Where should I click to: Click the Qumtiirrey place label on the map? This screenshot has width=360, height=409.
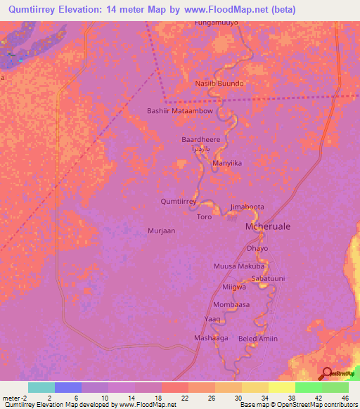178,201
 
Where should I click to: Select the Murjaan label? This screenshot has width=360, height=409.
161,231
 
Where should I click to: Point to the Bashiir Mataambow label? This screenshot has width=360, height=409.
179,110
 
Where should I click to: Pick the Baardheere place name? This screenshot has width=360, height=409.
201,139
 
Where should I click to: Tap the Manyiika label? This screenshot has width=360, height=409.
227,163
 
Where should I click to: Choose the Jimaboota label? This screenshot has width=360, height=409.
247,207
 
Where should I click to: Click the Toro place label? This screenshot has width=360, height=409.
204,217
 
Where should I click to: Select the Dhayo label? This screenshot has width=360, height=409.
258,248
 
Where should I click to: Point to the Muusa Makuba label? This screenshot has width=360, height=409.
238,266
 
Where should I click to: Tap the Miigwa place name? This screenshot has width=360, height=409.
234,288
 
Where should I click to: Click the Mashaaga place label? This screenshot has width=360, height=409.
211,338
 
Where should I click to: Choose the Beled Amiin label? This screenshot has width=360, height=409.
258,339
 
